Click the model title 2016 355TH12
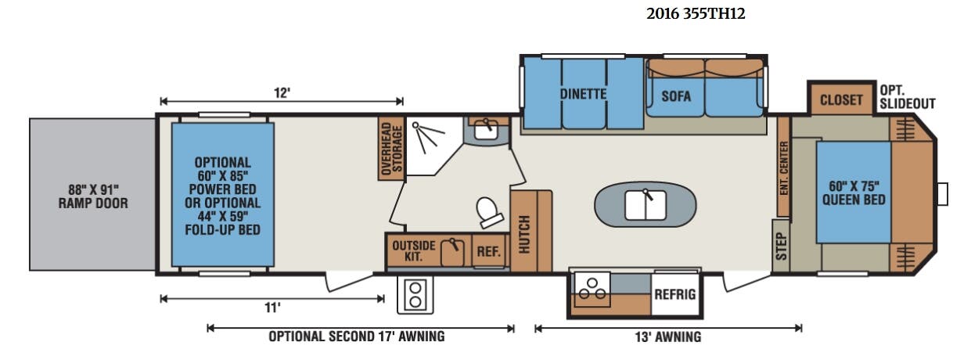click(x=696, y=14)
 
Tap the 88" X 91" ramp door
click(x=92, y=194)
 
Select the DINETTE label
click(x=583, y=94)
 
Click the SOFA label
click(x=676, y=95)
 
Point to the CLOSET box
click(x=841, y=99)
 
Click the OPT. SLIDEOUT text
click(x=908, y=97)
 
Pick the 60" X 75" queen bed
click(x=854, y=193)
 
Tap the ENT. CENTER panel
click(x=783, y=167)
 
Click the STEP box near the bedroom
click(x=781, y=246)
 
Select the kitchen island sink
click(x=646, y=205)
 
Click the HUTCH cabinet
click(x=530, y=231)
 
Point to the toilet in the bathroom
click(x=489, y=212)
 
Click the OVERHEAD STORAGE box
click(x=391, y=149)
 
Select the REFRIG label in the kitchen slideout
click(x=675, y=294)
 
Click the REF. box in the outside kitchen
click(x=489, y=251)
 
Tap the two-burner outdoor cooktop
click(x=415, y=294)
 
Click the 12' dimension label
click(x=282, y=93)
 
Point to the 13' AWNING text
click(x=668, y=337)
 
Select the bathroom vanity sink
click(x=486, y=130)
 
